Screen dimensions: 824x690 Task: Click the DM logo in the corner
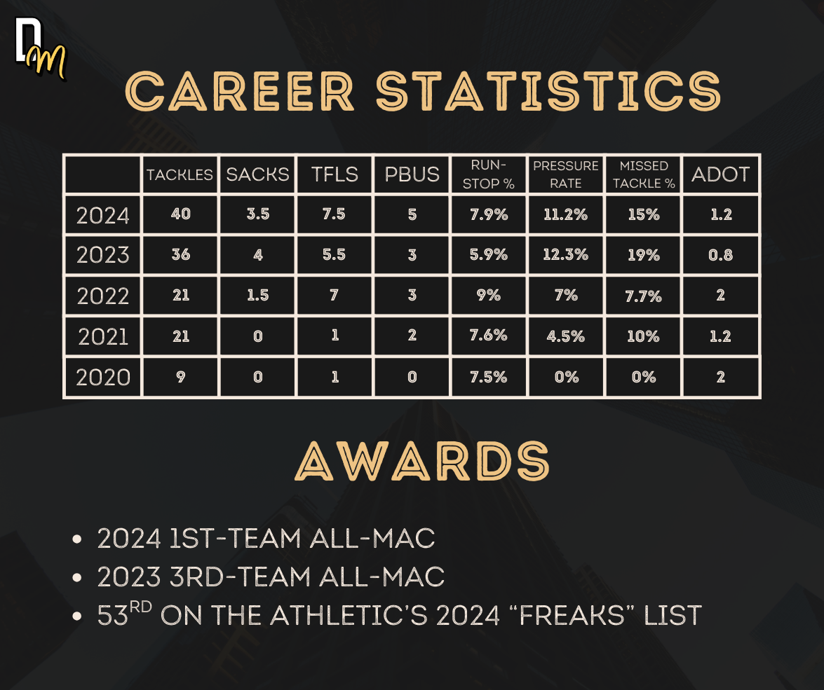tap(41, 49)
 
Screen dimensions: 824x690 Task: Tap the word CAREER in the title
tap(240, 91)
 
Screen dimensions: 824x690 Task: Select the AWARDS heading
tap(422, 461)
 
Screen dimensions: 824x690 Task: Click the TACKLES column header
tap(180, 175)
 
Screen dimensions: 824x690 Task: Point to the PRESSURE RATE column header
tap(565, 174)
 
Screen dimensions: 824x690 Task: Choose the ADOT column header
tap(720, 174)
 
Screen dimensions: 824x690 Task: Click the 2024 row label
tap(103, 215)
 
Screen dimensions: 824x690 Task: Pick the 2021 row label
tap(103, 337)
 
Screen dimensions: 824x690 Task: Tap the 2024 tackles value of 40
tap(181, 214)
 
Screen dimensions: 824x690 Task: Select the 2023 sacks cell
tap(258, 255)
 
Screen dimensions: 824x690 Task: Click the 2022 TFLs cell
tap(335, 295)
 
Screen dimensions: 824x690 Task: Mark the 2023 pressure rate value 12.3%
tap(565, 255)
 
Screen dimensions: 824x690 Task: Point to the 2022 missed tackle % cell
tap(643, 296)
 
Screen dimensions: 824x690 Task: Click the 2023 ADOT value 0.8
tap(720, 255)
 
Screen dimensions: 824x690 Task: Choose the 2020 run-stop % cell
tap(489, 377)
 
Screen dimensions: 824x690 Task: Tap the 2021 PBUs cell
tap(412, 335)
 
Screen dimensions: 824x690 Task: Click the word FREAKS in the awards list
tap(572, 616)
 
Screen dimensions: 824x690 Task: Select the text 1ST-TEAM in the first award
tap(235, 538)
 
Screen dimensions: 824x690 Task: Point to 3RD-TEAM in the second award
tap(240, 577)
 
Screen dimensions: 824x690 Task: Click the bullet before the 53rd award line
tap(76, 616)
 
